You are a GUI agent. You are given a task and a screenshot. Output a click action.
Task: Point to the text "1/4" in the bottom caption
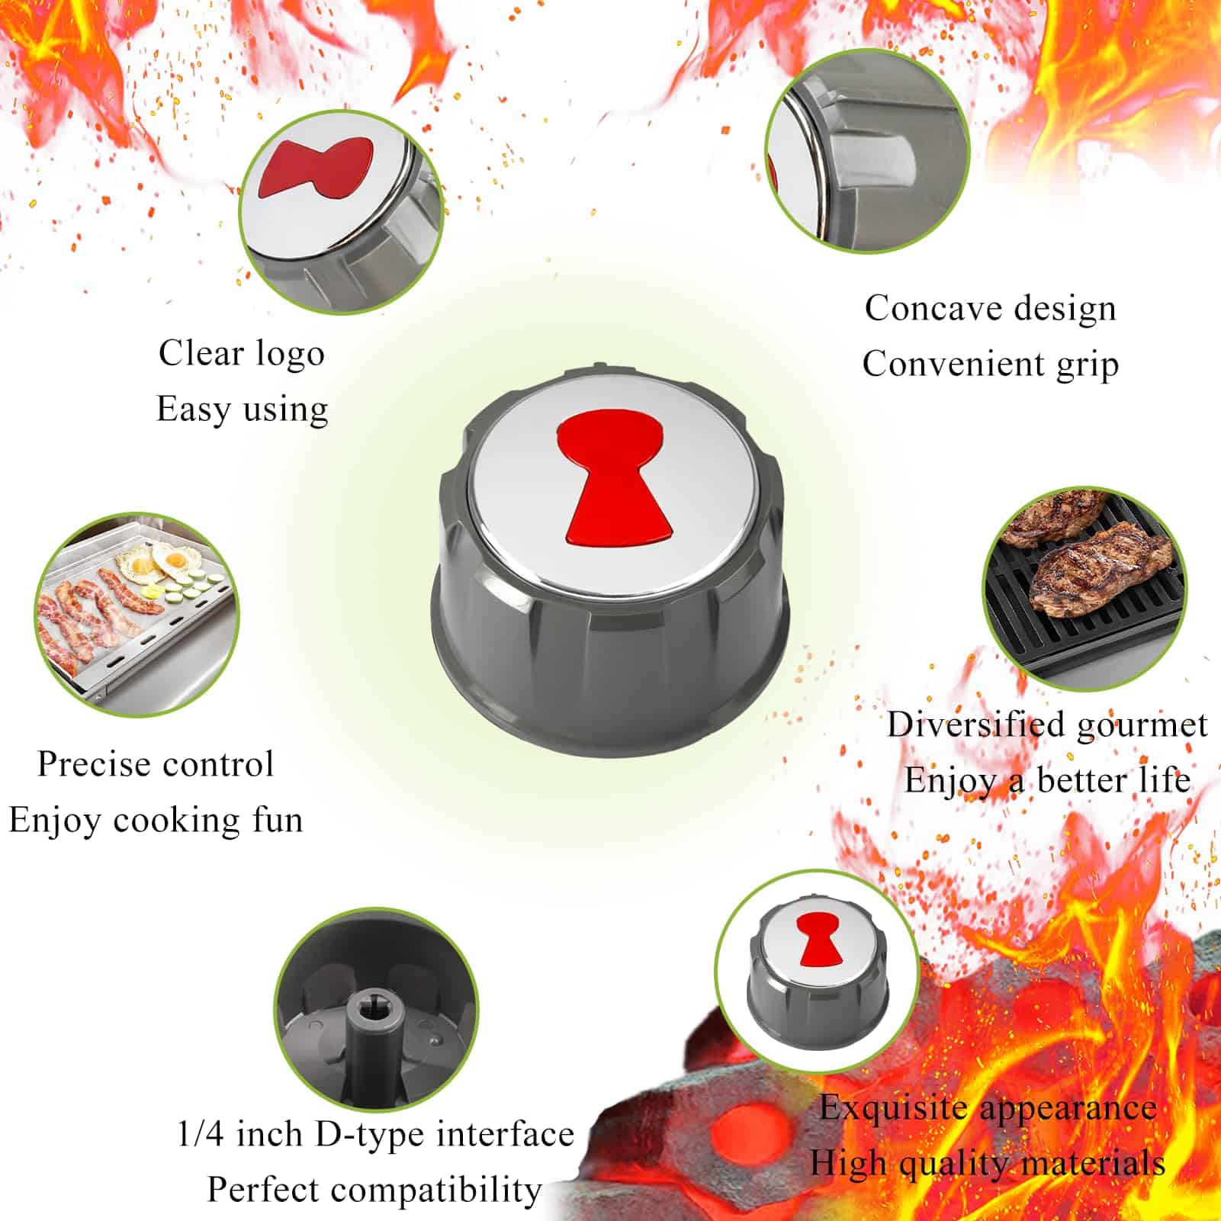[201, 1134]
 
